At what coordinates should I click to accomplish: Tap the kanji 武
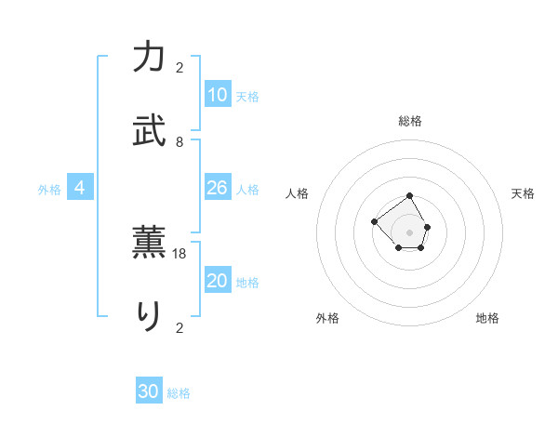click(x=149, y=131)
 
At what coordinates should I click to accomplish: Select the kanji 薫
click(x=149, y=243)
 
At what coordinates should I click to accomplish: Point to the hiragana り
click(x=149, y=317)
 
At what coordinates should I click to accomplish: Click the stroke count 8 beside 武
click(x=179, y=141)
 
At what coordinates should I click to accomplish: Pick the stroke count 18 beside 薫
click(x=179, y=253)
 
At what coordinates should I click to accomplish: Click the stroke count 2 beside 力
click(x=179, y=67)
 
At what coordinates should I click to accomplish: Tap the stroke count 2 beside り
click(x=179, y=327)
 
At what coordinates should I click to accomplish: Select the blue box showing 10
click(x=218, y=95)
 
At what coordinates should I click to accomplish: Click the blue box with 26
click(x=218, y=188)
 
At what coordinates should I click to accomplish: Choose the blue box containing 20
click(x=218, y=281)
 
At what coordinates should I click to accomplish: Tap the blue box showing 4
click(x=80, y=188)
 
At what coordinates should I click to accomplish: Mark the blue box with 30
click(x=149, y=391)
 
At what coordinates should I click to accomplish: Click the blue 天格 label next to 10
click(x=247, y=97)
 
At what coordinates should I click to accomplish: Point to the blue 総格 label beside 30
click(x=179, y=393)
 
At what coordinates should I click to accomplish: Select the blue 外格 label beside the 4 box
click(x=49, y=190)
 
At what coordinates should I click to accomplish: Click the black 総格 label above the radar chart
click(x=410, y=121)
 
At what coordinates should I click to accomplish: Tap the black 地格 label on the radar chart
click(x=487, y=318)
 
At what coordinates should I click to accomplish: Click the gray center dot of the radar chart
click(x=410, y=232)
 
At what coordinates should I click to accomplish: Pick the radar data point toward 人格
click(x=374, y=221)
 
